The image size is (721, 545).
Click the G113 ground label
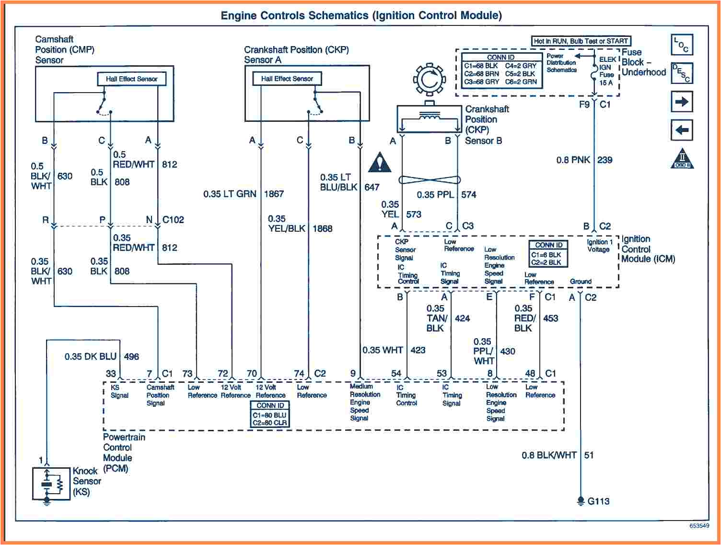(598, 501)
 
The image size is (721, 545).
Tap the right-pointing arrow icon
(681, 102)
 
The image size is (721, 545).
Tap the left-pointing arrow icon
(681, 130)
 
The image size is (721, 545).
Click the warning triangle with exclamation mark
(380, 163)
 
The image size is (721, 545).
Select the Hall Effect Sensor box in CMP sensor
(131, 79)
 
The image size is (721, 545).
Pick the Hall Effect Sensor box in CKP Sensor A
(287, 79)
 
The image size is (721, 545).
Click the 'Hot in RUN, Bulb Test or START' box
(581, 41)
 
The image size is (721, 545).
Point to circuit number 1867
(274, 194)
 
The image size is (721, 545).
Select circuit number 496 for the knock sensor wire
(131, 356)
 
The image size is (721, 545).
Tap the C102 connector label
(173, 220)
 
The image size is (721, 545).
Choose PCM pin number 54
(396, 373)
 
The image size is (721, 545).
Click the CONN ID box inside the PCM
(270, 414)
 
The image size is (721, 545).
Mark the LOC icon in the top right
(681, 45)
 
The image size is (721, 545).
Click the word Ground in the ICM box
(581, 282)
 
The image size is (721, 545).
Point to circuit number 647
(372, 187)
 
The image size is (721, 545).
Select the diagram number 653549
(699, 526)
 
